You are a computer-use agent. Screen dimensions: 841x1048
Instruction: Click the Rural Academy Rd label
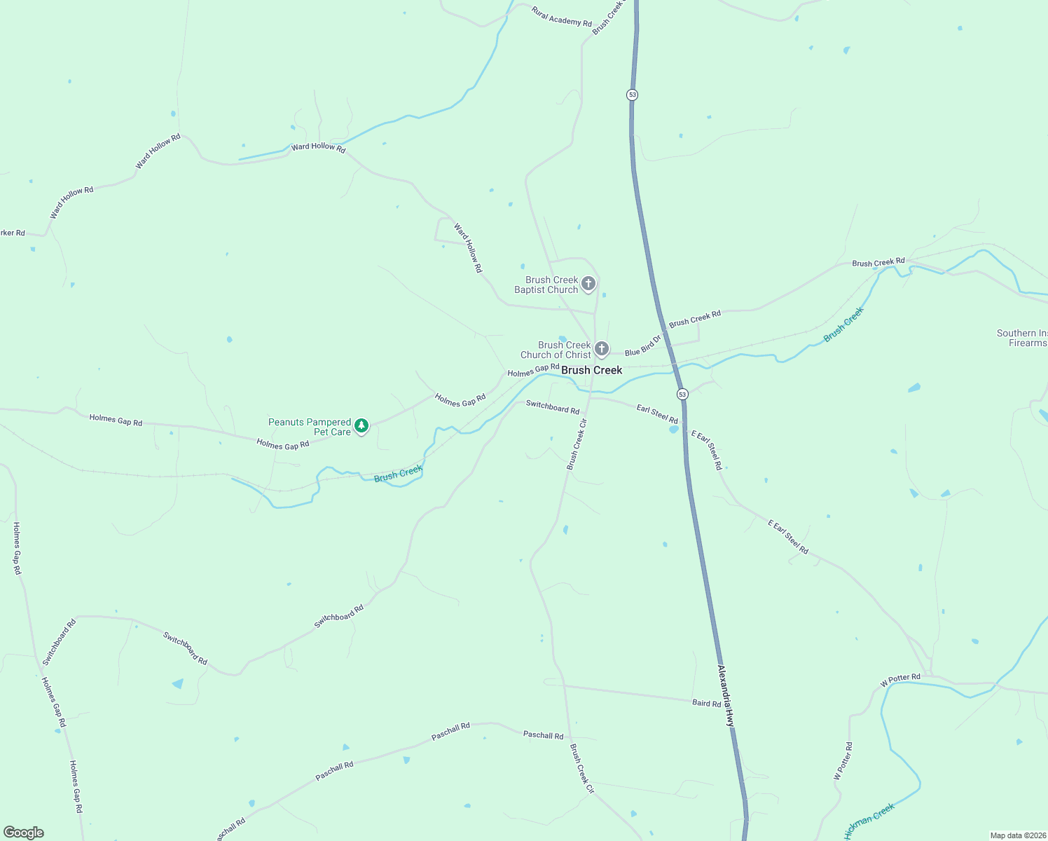(x=562, y=17)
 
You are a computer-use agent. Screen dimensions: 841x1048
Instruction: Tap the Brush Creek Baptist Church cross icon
(x=588, y=284)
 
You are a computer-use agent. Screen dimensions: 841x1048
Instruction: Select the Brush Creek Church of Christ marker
(x=601, y=348)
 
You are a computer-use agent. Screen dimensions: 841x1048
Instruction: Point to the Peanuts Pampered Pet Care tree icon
(x=361, y=425)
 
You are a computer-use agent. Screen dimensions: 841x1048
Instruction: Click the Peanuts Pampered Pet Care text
(x=310, y=427)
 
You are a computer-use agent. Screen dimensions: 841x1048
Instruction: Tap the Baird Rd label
(x=706, y=703)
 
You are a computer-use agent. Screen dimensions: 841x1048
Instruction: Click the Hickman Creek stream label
(x=869, y=821)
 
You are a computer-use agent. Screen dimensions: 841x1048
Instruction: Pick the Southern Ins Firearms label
(x=1022, y=338)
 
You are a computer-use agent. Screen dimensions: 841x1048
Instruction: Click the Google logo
(x=24, y=833)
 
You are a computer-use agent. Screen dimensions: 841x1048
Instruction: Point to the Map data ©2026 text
(x=1018, y=835)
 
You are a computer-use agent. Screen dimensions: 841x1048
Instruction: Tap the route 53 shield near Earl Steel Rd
(x=682, y=394)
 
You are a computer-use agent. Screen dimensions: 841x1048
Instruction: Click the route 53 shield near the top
(x=633, y=95)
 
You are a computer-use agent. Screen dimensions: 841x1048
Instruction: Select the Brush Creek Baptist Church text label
(x=546, y=285)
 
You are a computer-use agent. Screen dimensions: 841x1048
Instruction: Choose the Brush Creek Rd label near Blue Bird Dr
(x=695, y=319)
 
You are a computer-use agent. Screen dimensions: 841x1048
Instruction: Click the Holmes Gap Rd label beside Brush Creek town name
(x=533, y=370)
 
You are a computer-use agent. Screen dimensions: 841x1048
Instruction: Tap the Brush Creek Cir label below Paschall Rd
(x=581, y=768)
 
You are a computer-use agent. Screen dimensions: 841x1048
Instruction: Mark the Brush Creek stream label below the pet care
(x=398, y=474)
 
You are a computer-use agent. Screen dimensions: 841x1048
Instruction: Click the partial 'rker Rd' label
(x=13, y=233)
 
